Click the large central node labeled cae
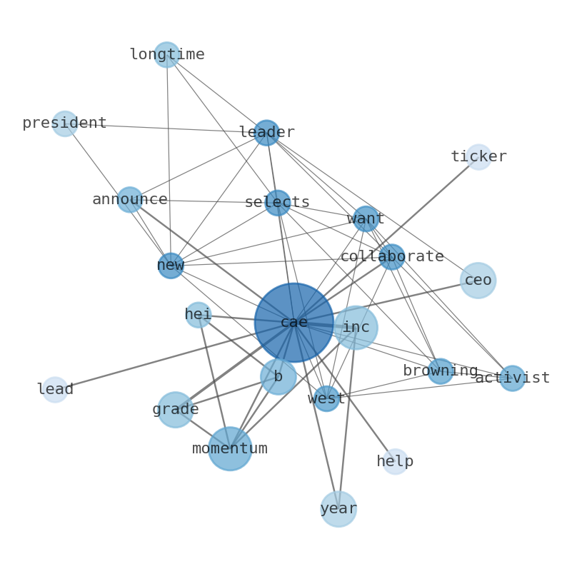[x=293, y=323]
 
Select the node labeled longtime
[x=166, y=55]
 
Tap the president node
[x=65, y=124]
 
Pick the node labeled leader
[x=266, y=133]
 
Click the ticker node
[x=478, y=157]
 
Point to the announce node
[x=129, y=200]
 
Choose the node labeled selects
[x=277, y=203]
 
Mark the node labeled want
[x=366, y=219]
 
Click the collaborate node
[x=391, y=257]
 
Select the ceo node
[x=478, y=281]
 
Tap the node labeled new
[x=171, y=266]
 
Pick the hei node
[x=198, y=315]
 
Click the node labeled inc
[x=356, y=328]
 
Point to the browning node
[x=440, y=371]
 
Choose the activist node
[x=512, y=378]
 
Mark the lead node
[x=55, y=390]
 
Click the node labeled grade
[x=175, y=410]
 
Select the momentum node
[x=230, y=448]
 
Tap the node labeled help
[x=395, y=462]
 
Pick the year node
[x=338, y=509]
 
